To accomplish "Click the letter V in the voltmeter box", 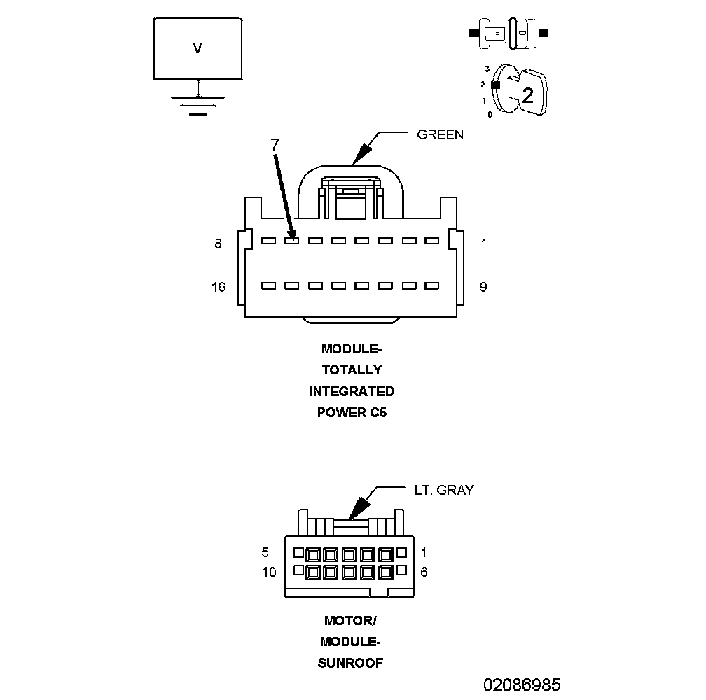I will point(198,48).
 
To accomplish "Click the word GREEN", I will point(440,134).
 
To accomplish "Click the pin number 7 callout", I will point(275,145).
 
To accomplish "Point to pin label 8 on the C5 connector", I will point(218,244).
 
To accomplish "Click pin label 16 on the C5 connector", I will point(218,286).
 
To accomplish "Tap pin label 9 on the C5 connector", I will point(483,286).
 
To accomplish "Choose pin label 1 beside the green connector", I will point(483,244).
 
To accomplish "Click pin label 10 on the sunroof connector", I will point(269,572).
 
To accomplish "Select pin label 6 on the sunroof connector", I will point(424,572).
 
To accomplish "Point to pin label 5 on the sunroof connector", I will point(265,552).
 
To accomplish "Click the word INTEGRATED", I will point(352,391).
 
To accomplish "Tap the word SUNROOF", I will point(350,663).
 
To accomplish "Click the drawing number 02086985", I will point(521,684).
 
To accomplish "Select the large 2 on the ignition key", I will point(527,96).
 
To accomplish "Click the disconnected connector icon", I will point(509,33).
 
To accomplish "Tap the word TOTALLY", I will point(352,370).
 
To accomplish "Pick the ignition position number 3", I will point(487,69).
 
